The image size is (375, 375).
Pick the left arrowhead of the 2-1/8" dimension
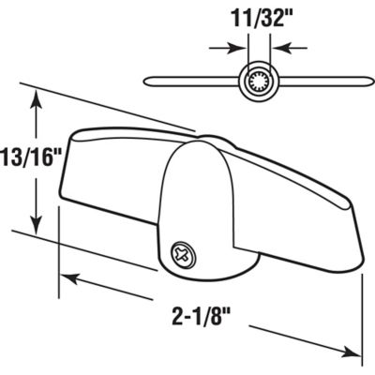(x=68, y=277)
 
